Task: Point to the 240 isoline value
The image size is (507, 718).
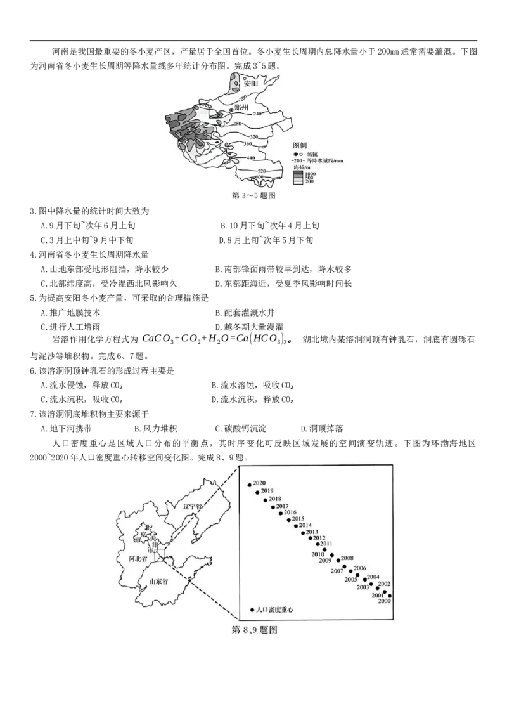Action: click(257, 114)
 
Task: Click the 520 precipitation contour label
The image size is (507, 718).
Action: click(260, 171)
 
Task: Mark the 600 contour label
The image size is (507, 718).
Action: click(259, 177)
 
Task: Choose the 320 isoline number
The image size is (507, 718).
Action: click(255, 136)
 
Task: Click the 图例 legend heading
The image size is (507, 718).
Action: click(300, 145)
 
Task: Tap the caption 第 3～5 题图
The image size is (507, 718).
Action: click(254, 196)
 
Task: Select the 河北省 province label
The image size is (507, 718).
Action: click(138, 559)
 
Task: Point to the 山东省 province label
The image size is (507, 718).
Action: click(158, 582)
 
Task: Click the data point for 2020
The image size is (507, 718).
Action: click(250, 485)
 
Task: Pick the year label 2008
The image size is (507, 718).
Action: click(347, 559)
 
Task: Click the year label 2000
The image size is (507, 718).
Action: click(384, 601)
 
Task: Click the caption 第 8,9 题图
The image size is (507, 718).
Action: click(254, 630)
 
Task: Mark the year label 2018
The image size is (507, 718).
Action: click(274, 499)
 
